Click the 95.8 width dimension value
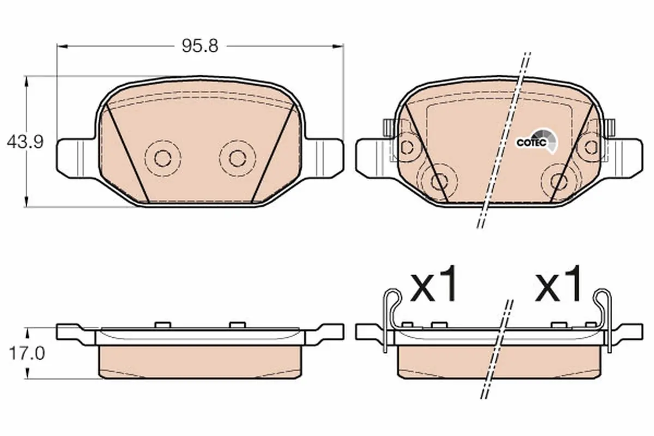coord(200,46)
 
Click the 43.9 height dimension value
coord(25,142)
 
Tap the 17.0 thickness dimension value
coord(27,353)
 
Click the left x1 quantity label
coord(433,283)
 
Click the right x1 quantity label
coord(558,283)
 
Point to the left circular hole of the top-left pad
coord(162,159)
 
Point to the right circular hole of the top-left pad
coord(238,159)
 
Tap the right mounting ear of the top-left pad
coord(324,158)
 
